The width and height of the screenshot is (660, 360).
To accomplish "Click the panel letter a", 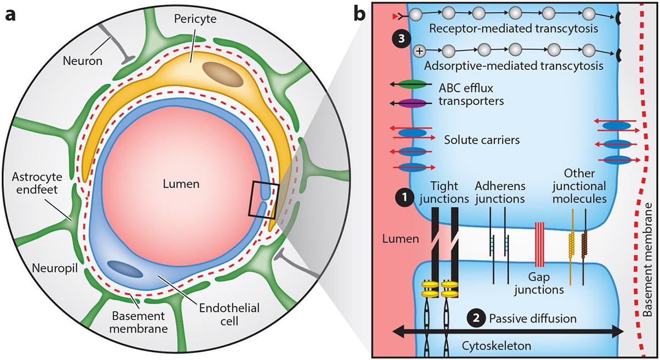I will pyautogui.click(x=10, y=14).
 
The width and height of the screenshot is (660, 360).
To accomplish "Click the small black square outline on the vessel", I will pyautogui.click(x=264, y=200).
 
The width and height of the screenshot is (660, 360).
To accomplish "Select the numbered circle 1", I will pyautogui.click(x=404, y=196).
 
